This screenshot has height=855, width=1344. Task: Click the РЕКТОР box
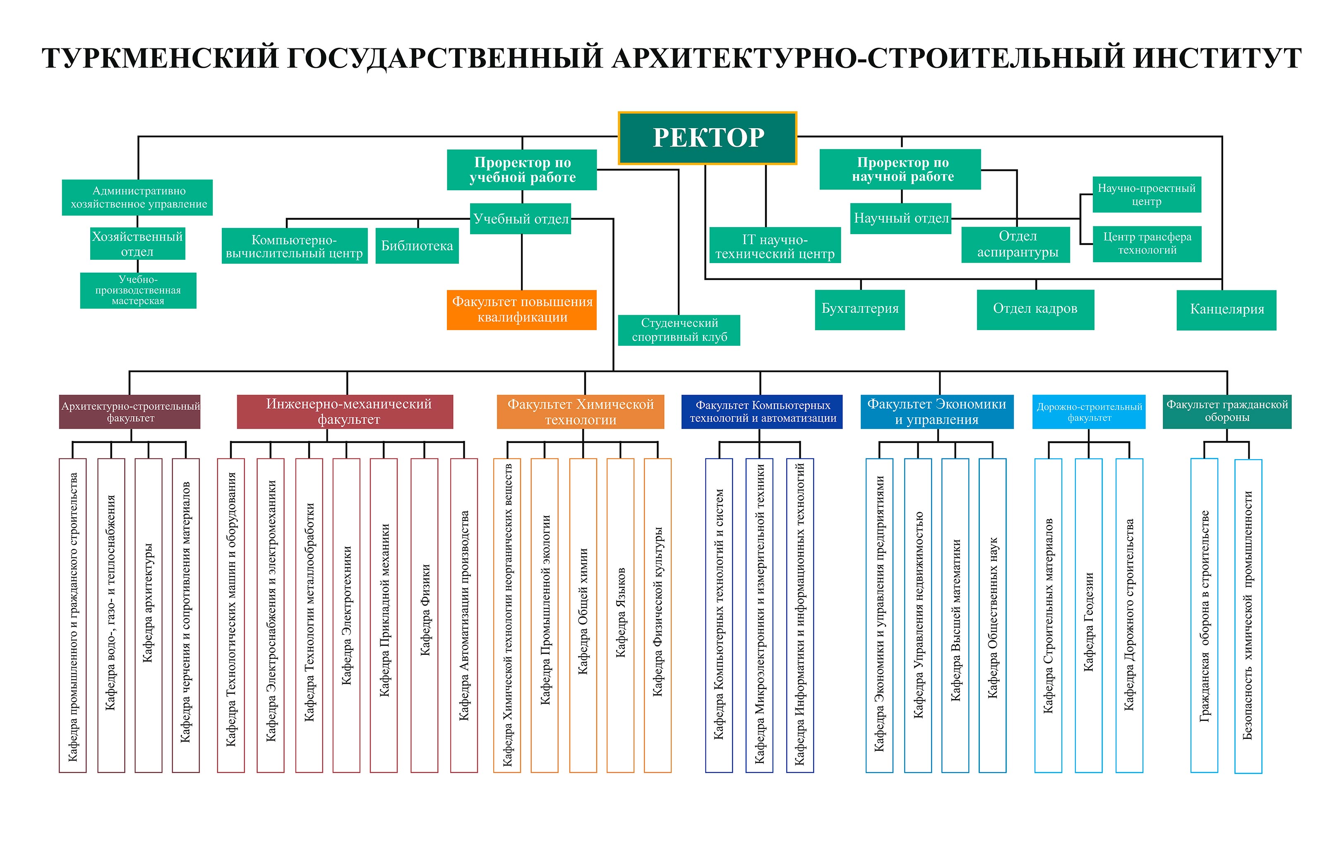click(707, 138)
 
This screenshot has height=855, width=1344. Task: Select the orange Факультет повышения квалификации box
click(522, 310)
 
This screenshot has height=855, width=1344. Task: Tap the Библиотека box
click(417, 246)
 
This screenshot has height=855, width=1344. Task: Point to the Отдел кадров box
click(1035, 309)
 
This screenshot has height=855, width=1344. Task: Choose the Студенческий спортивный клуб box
click(679, 330)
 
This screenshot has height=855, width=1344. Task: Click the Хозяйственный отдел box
click(137, 243)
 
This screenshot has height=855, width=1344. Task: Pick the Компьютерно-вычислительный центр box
click(295, 246)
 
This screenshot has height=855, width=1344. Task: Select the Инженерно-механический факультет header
click(345, 412)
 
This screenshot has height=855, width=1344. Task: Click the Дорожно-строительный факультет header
click(1089, 412)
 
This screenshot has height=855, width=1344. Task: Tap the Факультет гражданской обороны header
click(1227, 412)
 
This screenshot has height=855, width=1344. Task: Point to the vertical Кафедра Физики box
click(424, 615)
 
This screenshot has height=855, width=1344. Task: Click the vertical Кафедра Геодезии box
click(1088, 615)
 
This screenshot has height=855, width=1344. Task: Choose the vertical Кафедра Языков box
click(620, 615)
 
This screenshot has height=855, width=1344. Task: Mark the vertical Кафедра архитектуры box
click(149, 615)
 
